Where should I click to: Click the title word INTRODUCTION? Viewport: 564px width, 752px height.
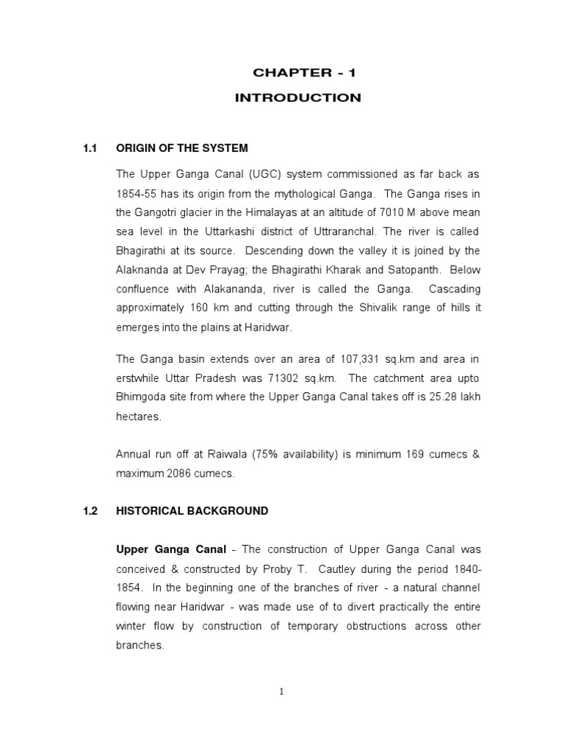point(297,98)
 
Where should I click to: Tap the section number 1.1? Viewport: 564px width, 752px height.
point(90,148)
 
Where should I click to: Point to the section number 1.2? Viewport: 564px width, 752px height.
point(90,510)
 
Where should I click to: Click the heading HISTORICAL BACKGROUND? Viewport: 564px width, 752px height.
point(192,510)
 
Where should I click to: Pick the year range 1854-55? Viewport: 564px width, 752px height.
point(137,193)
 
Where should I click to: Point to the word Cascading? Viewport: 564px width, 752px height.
point(454,289)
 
